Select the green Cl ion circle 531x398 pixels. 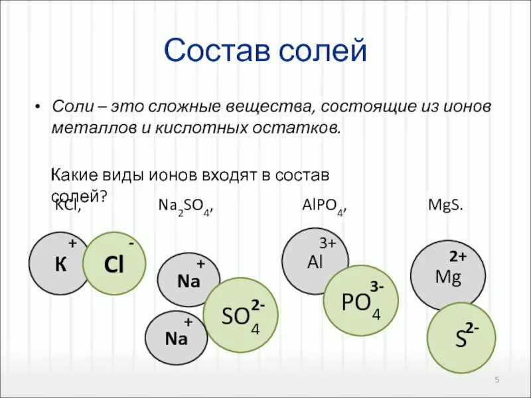[114, 264]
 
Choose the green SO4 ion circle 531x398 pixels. [239, 314]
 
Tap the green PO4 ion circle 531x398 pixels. [360, 300]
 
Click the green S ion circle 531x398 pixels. [461, 337]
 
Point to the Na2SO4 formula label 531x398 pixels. [186, 208]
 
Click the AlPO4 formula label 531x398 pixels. [324, 208]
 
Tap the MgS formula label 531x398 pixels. [446, 206]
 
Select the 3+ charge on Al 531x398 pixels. [328, 243]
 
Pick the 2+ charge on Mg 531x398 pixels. [458, 256]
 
